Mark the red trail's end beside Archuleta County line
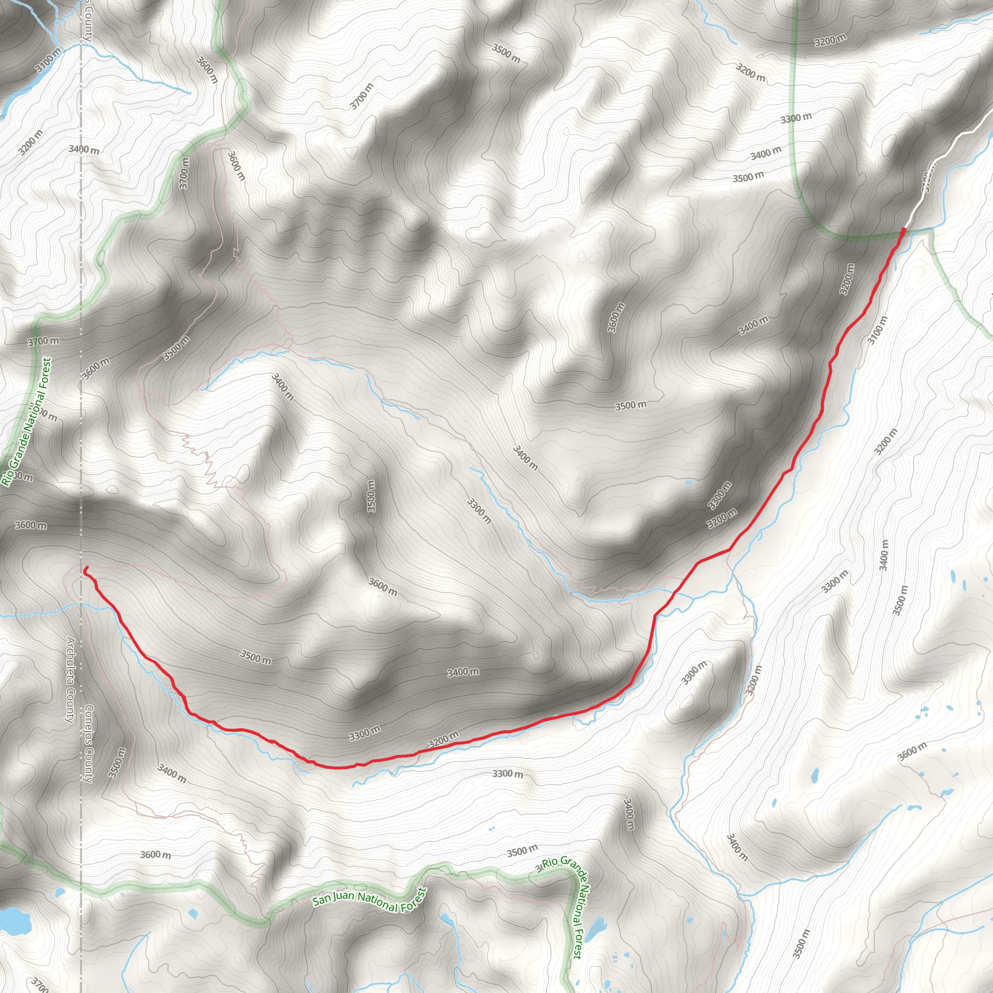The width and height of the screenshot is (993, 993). click(x=85, y=568)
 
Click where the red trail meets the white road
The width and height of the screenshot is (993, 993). click(x=904, y=230)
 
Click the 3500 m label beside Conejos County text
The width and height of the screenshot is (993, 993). click(x=117, y=764)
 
